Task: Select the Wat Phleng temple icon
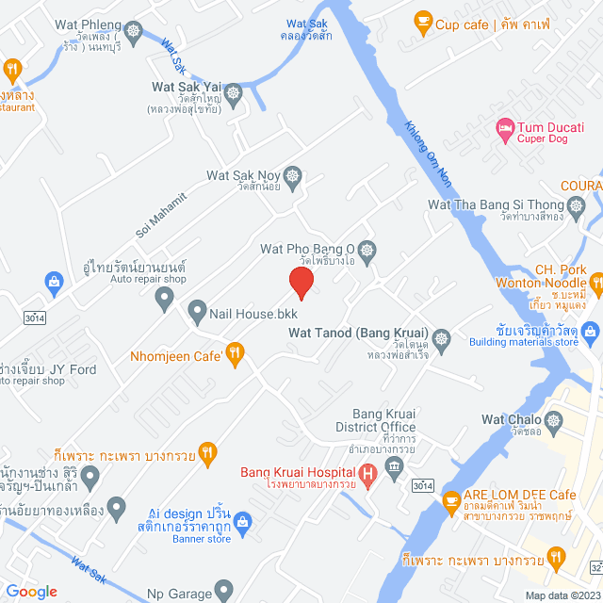(x=134, y=32)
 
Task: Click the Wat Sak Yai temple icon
(x=234, y=91)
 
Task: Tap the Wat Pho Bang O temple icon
(x=367, y=251)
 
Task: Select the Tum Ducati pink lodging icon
(x=505, y=127)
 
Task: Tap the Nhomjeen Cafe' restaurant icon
(x=236, y=354)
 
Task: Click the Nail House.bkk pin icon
(x=197, y=309)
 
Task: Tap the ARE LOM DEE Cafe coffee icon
(x=450, y=498)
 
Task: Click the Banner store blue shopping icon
(x=242, y=522)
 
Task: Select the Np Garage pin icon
(x=223, y=592)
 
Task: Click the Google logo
(x=32, y=591)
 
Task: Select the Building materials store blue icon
(x=589, y=331)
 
